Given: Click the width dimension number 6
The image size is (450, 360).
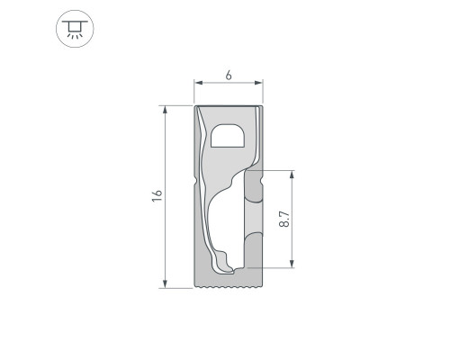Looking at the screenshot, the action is click(229, 76).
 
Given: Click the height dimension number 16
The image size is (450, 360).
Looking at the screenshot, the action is click(157, 195).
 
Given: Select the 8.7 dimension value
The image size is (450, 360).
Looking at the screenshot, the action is click(284, 219).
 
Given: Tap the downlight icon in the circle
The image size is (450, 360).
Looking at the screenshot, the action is click(75, 29).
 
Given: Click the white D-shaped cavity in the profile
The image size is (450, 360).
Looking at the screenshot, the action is click(228, 136).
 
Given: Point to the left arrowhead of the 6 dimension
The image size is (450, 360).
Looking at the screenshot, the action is click(198, 83).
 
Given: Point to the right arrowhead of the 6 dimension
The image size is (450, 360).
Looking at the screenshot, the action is click(259, 83).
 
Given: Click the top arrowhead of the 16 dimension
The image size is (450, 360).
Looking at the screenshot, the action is click(165, 110).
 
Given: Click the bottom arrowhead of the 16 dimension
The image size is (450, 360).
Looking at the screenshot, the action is click(165, 283).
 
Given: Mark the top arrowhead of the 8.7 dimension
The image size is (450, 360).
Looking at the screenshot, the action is click(292, 175).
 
